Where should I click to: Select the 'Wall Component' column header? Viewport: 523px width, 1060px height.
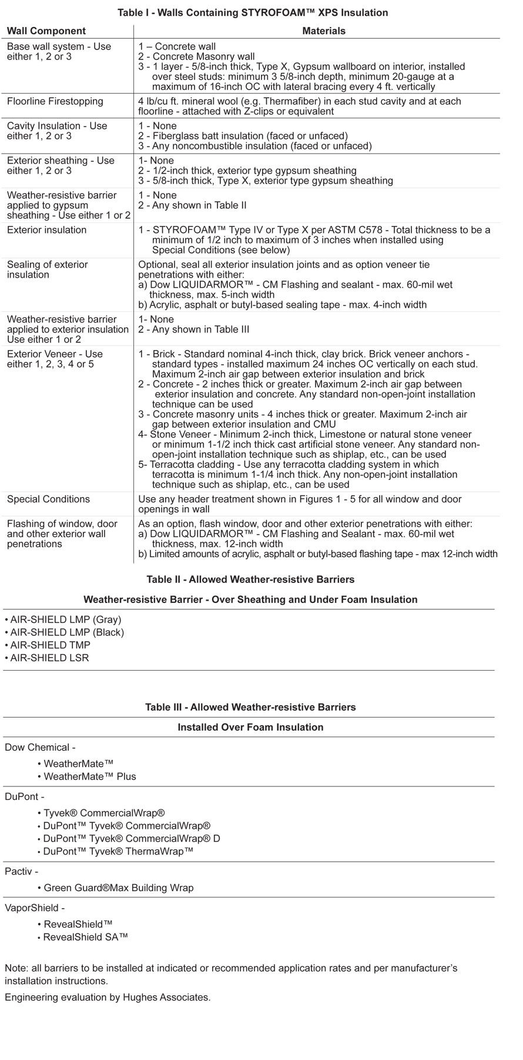(x=46, y=31)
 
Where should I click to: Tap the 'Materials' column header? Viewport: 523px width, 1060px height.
(x=324, y=31)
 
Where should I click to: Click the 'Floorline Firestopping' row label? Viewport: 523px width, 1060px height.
(x=55, y=101)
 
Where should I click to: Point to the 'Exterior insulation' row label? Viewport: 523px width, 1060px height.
(x=46, y=230)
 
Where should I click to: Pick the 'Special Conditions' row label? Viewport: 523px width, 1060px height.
(x=48, y=499)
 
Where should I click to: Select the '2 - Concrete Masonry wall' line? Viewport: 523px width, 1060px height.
(x=196, y=56)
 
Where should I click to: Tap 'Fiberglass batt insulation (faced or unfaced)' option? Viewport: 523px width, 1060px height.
(x=250, y=136)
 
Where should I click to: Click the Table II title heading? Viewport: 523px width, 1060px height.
(x=250, y=579)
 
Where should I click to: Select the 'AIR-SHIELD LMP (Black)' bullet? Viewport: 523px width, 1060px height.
(x=67, y=632)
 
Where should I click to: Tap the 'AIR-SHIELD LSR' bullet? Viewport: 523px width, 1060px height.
(x=50, y=658)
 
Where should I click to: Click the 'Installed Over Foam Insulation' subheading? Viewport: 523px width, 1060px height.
(x=250, y=727)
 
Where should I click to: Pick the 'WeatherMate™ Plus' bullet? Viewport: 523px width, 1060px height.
(x=90, y=776)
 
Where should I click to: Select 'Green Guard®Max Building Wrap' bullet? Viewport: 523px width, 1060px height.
(x=118, y=888)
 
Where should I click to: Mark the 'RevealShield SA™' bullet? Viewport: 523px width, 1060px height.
(x=85, y=937)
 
